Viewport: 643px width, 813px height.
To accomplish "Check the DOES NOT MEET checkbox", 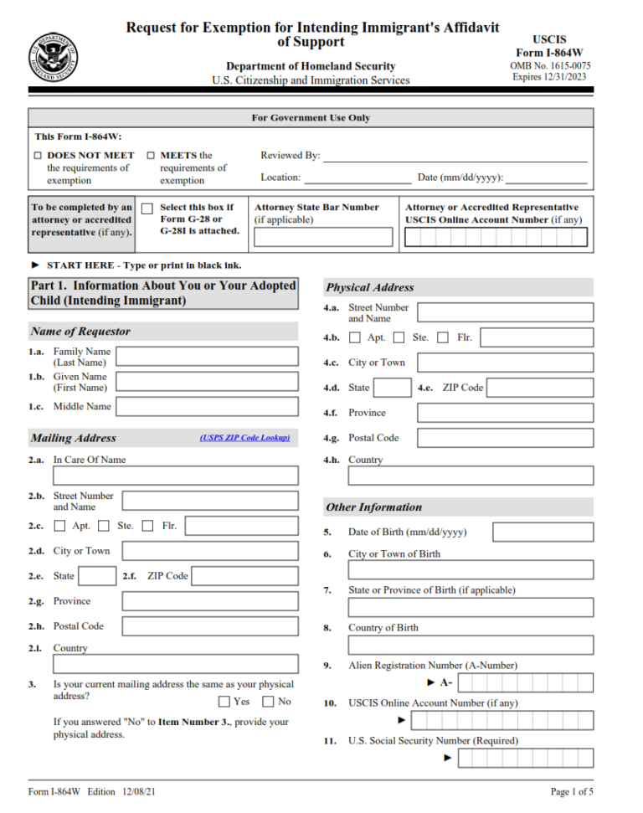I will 38,156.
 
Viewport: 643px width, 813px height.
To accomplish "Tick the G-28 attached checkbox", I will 147,208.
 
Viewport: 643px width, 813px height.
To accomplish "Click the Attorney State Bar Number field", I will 323,237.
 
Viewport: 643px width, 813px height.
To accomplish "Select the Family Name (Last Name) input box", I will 207,357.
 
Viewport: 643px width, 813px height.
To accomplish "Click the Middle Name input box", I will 207,407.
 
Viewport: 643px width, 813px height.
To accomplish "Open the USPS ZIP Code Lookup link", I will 244,437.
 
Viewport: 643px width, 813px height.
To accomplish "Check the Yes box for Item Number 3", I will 224,702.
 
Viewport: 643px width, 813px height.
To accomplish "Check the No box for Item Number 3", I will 269,702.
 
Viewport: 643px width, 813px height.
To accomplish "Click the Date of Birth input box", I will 543,533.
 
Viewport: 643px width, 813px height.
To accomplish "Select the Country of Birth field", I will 471,645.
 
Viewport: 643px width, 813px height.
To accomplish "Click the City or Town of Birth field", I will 471,570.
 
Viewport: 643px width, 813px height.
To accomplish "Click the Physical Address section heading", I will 370,287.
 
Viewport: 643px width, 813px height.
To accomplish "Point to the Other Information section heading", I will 373,507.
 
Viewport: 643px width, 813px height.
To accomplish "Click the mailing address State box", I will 97,576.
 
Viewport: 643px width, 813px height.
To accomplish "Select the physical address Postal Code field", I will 505,438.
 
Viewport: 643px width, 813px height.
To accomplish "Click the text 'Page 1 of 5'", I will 572,792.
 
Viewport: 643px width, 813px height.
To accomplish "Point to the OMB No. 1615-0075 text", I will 549,65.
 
